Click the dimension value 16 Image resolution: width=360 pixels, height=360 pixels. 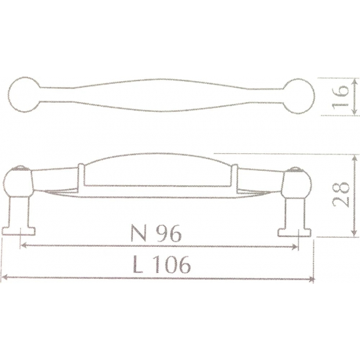340,97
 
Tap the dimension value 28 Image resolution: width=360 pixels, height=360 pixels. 340,195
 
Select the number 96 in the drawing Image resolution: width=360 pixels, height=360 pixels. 170,232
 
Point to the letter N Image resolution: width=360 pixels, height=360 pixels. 139,233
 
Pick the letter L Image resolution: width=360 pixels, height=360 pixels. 137,264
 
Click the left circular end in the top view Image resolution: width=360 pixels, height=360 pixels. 25,95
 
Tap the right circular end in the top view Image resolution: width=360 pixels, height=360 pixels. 298,96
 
